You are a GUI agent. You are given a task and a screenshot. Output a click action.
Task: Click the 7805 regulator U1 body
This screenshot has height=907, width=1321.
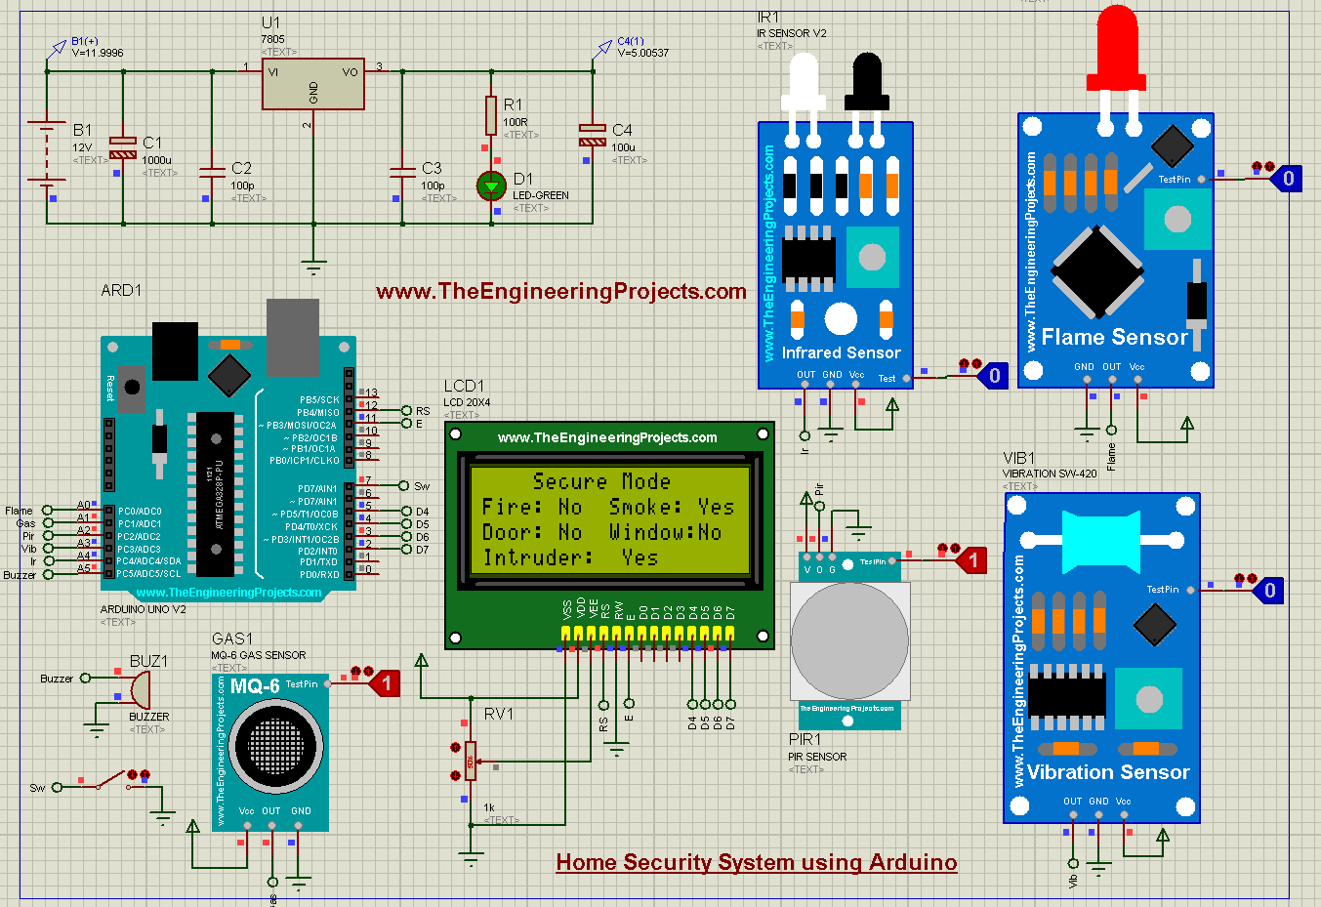click(312, 84)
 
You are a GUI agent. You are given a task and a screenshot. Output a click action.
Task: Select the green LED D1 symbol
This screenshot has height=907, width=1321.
click(490, 186)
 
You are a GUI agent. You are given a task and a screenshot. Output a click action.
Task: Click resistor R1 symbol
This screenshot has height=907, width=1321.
click(491, 115)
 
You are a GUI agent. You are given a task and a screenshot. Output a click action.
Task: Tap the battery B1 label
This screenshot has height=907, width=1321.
click(82, 130)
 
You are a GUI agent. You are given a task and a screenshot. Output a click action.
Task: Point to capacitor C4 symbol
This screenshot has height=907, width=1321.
click(593, 135)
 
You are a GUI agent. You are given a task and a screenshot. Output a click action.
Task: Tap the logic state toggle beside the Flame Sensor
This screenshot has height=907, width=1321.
click(1287, 179)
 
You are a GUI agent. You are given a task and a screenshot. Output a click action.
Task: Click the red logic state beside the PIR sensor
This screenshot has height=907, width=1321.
click(970, 559)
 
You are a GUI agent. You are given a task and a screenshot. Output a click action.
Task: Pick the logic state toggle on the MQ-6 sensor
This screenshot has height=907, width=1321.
click(386, 683)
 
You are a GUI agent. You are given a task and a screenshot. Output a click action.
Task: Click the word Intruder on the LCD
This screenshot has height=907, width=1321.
click(537, 557)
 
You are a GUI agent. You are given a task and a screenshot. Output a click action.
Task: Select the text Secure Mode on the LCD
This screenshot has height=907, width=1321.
click(601, 481)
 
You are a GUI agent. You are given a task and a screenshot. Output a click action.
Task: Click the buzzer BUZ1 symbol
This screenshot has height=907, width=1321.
click(139, 689)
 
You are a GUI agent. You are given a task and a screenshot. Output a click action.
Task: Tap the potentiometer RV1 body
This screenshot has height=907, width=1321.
click(471, 761)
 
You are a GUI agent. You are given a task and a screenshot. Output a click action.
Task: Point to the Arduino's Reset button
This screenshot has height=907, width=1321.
click(132, 387)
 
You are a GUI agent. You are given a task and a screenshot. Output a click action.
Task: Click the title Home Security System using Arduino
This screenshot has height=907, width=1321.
click(756, 862)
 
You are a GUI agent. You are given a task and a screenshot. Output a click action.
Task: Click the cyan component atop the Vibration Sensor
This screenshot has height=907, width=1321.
click(1099, 541)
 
